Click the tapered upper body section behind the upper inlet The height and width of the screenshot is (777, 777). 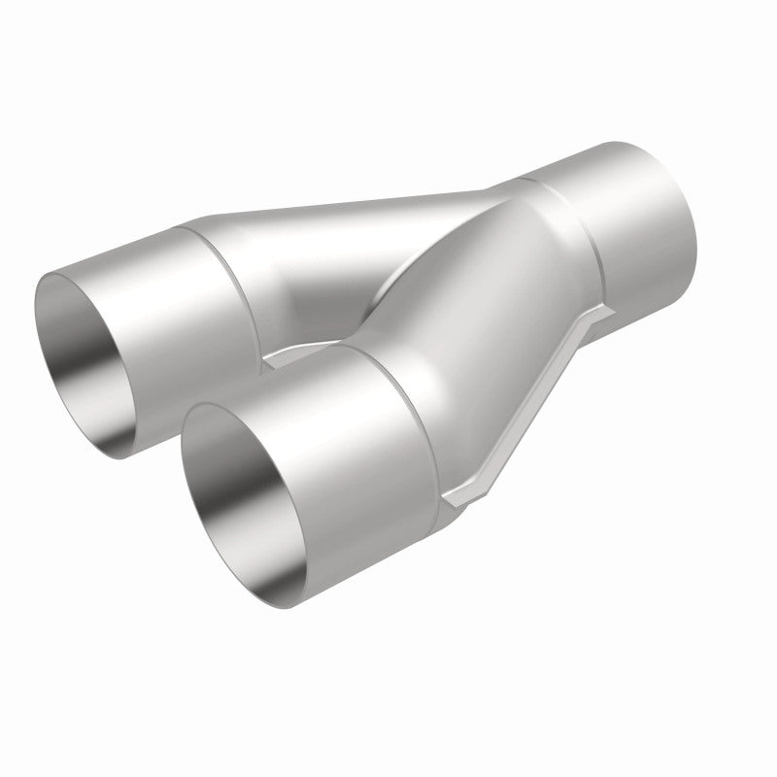tap(340, 233)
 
